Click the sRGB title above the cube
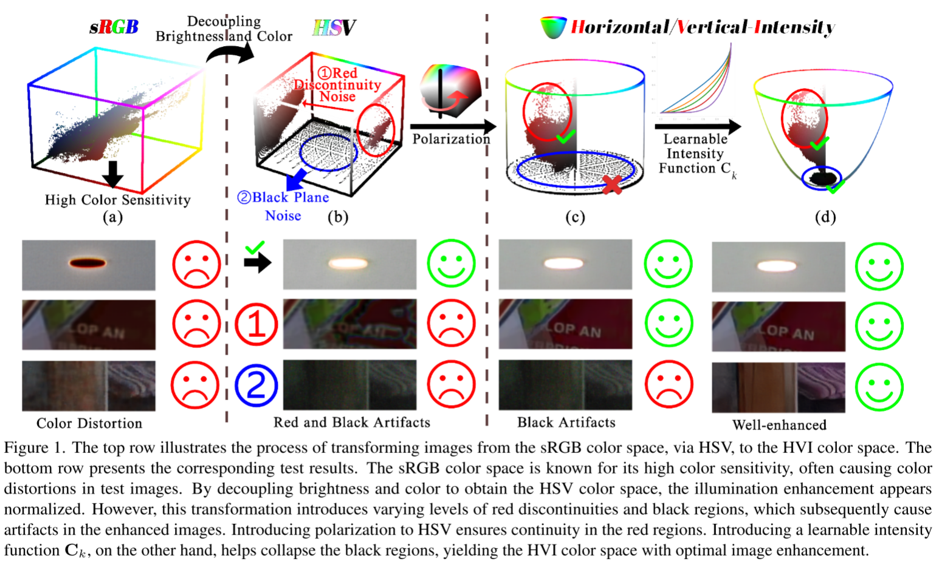pyautogui.click(x=114, y=27)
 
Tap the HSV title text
pyautogui.click(x=334, y=27)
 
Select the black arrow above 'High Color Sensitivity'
pyautogui.click(x=112, y=175)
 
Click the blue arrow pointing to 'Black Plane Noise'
pyautogui.click(x=296, y=180)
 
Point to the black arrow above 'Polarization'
pyautogui.click(x=453, y=127)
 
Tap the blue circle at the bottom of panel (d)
pyautogui.click(x=822, y=177)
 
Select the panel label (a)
pyautogui.click(x=112, y=217)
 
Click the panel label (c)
pyautogui.click(x=574, y=217)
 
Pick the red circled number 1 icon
pyautogui.click(x=256, y=324)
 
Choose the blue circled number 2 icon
pyautogui.click(x=256, y=385)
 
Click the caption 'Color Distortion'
pyautogui.click(x=89, y=423)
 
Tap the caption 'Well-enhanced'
pyautogui.click(x=779, y=424)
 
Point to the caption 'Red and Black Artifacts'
pyautogui.click(x=351, y=423)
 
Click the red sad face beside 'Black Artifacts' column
pyautogui.click(x=668, y=385)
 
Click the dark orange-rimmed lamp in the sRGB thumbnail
pyautogui.click(x=88, y=263)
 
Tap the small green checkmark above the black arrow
pyautogui.click(x=255, y=247)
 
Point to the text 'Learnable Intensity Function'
pyautogui.click(x=695, y=154)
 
